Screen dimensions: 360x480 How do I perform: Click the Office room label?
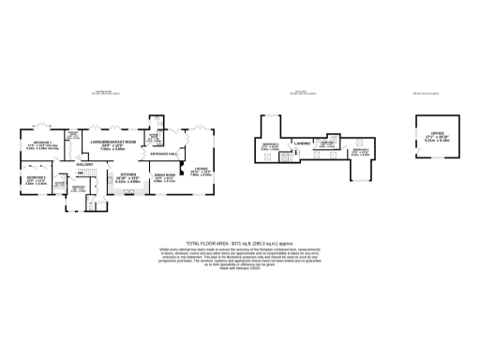point(437,134)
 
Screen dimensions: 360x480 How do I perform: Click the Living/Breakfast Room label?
point(113,141)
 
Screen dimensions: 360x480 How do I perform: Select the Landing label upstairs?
point(302,142)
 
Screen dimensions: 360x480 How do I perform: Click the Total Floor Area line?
point(239,241)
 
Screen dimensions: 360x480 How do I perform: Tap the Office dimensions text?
point(437,141)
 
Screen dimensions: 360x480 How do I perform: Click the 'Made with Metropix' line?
point(239,269)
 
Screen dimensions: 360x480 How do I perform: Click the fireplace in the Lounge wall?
point(219,169)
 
